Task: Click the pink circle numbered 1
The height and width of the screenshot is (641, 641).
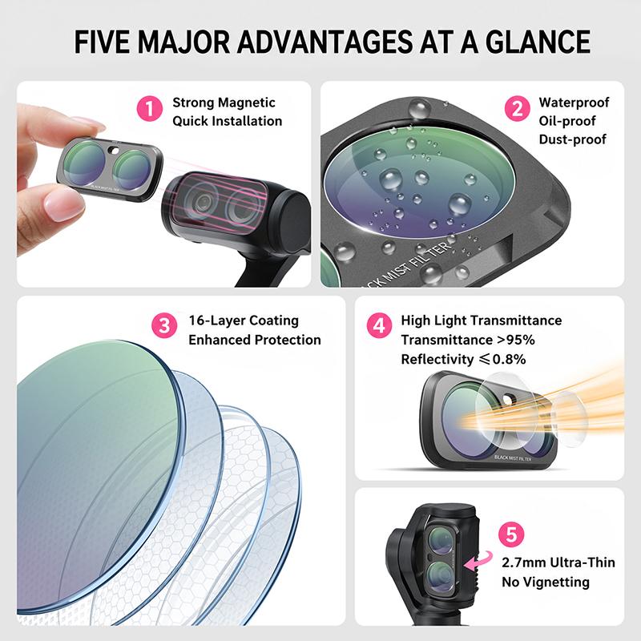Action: [150, 108]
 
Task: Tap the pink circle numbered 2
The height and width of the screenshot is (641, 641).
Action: [518, 108]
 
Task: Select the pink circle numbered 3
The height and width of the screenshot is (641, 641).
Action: [164, 326]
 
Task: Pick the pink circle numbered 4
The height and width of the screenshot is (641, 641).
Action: [379, 326]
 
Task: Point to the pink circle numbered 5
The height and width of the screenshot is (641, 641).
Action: [511, 534]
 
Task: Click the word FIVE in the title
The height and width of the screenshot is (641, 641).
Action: [103, 42]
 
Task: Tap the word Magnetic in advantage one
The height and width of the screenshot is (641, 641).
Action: [247, 103]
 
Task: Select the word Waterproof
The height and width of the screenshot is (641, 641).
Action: [574, 103]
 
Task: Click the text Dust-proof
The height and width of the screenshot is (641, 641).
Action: [572, 139]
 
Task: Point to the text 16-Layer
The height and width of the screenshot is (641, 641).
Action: [216, 321]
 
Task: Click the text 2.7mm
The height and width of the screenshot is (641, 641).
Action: [519, 562]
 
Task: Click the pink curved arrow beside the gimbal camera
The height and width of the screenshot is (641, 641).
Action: [478, 560]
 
